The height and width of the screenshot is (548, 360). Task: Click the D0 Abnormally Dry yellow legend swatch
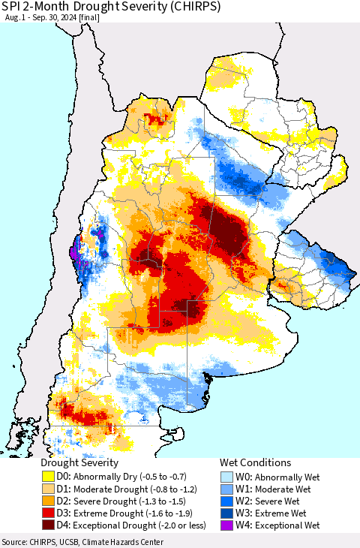pos(48,476)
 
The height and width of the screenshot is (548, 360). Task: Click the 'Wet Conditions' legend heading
pos(255,462)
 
